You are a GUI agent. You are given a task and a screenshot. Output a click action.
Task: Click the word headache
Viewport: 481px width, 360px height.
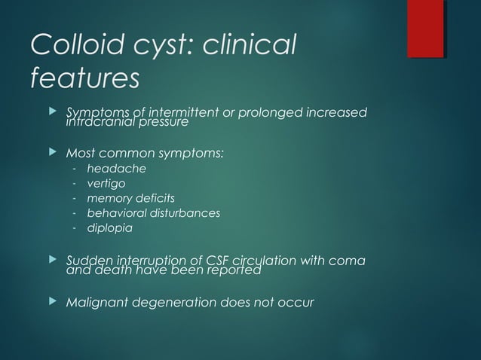(117, 169)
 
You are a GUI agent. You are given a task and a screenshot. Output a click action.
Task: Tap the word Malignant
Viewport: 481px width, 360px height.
(96, 303)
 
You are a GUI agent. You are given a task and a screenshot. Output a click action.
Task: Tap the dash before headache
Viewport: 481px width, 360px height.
(75, 169)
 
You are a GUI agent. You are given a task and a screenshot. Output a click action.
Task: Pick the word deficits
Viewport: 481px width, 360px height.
(156, 198)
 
